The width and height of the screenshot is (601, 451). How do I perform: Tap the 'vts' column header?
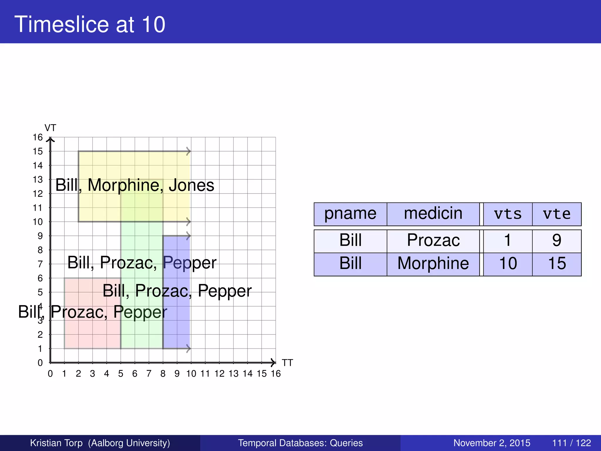508,214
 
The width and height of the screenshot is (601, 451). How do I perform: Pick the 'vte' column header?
557,214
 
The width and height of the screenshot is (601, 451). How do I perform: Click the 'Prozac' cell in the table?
433,240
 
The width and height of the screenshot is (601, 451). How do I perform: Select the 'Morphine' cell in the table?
433,263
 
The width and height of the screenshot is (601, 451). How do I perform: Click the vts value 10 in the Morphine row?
508,263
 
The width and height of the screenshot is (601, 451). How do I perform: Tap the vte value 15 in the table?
557,263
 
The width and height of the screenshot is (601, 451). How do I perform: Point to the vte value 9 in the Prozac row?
557,240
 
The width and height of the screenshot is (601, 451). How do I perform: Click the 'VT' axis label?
50,128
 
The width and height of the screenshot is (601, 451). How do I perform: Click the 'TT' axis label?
287,363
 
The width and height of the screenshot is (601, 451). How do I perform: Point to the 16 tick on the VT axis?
38,137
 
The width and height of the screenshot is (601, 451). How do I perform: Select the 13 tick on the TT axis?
234,374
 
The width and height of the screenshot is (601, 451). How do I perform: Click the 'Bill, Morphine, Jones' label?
135,185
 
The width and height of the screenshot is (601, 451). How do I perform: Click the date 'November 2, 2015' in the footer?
492,443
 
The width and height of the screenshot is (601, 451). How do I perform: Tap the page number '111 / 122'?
571,443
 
